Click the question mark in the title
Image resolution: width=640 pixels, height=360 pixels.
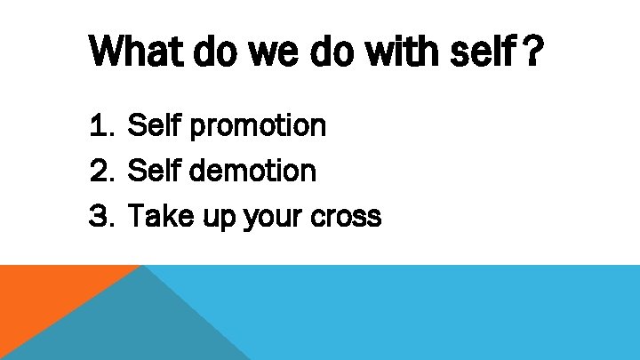pos(531,53)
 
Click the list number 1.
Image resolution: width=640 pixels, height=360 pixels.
pos(100,126)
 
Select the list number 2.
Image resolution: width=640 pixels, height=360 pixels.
pos(100,171)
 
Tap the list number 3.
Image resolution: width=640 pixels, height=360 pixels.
pos(100,215)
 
